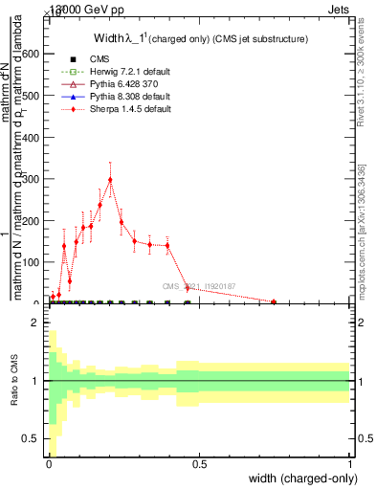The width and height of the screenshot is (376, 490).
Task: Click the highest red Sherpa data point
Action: click(x=110, y=179)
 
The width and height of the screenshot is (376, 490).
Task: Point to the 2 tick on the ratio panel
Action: click(x=35, y=323)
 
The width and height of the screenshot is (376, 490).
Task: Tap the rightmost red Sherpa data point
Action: click(x=274, y=302)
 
